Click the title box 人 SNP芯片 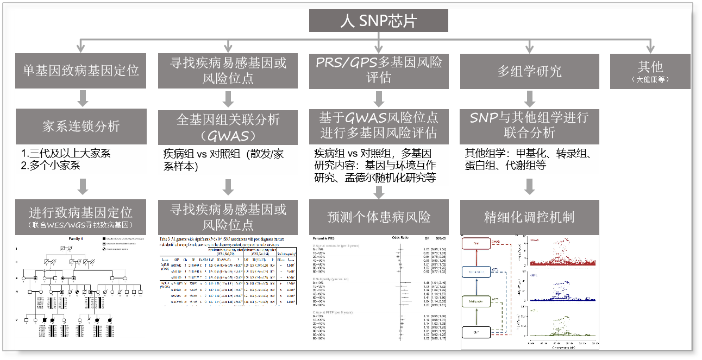379,21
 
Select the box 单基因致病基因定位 81,71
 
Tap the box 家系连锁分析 81,127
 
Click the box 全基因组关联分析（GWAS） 228,127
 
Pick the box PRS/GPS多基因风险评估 379,71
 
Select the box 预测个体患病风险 379,217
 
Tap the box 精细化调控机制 530,217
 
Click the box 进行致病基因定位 81,216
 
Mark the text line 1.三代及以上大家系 66,154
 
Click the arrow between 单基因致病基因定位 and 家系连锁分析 82,99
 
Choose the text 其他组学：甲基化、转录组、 528,154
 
